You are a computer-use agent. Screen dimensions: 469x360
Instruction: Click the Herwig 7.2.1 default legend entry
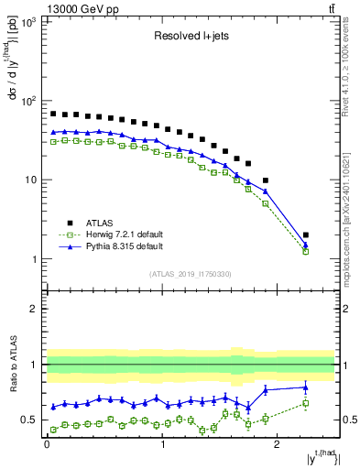point(110,234)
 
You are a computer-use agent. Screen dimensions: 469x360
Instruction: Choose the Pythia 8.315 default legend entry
point(110,247)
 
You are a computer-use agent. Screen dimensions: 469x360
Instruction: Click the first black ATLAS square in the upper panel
point(53,114)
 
